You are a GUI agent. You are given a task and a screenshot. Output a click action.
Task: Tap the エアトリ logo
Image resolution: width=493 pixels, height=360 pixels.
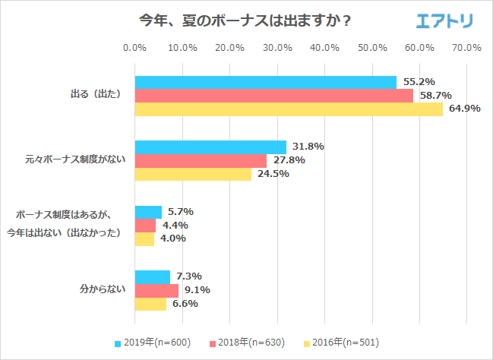pyautogui.click(x=444, y=21)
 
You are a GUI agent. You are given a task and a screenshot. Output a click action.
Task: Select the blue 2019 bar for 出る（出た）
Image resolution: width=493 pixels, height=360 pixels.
pyautogui.click(x=265, y=82)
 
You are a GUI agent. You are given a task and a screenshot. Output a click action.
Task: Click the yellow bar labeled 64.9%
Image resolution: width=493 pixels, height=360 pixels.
pyautogui.click(x=289, y=109)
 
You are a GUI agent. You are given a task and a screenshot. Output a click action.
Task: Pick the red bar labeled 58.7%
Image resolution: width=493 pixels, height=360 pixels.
pyautogui.click(x=273, y=96)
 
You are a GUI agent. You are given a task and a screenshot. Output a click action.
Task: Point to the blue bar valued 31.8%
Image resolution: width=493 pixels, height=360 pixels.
pyautogui.click(x=210, y=147)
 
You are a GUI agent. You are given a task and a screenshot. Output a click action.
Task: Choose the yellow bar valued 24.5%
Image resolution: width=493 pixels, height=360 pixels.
pyautogui.click(x=193, y=174)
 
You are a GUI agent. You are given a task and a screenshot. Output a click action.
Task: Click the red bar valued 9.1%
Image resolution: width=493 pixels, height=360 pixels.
pyautogui.click(x=156, y=290)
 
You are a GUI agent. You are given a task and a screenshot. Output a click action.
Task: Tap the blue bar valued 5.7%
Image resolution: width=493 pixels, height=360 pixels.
pyautogui.click(x=148, y=212)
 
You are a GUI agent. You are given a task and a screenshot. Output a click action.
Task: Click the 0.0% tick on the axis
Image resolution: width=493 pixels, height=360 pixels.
pyautogui.click(x=134, y=48)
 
